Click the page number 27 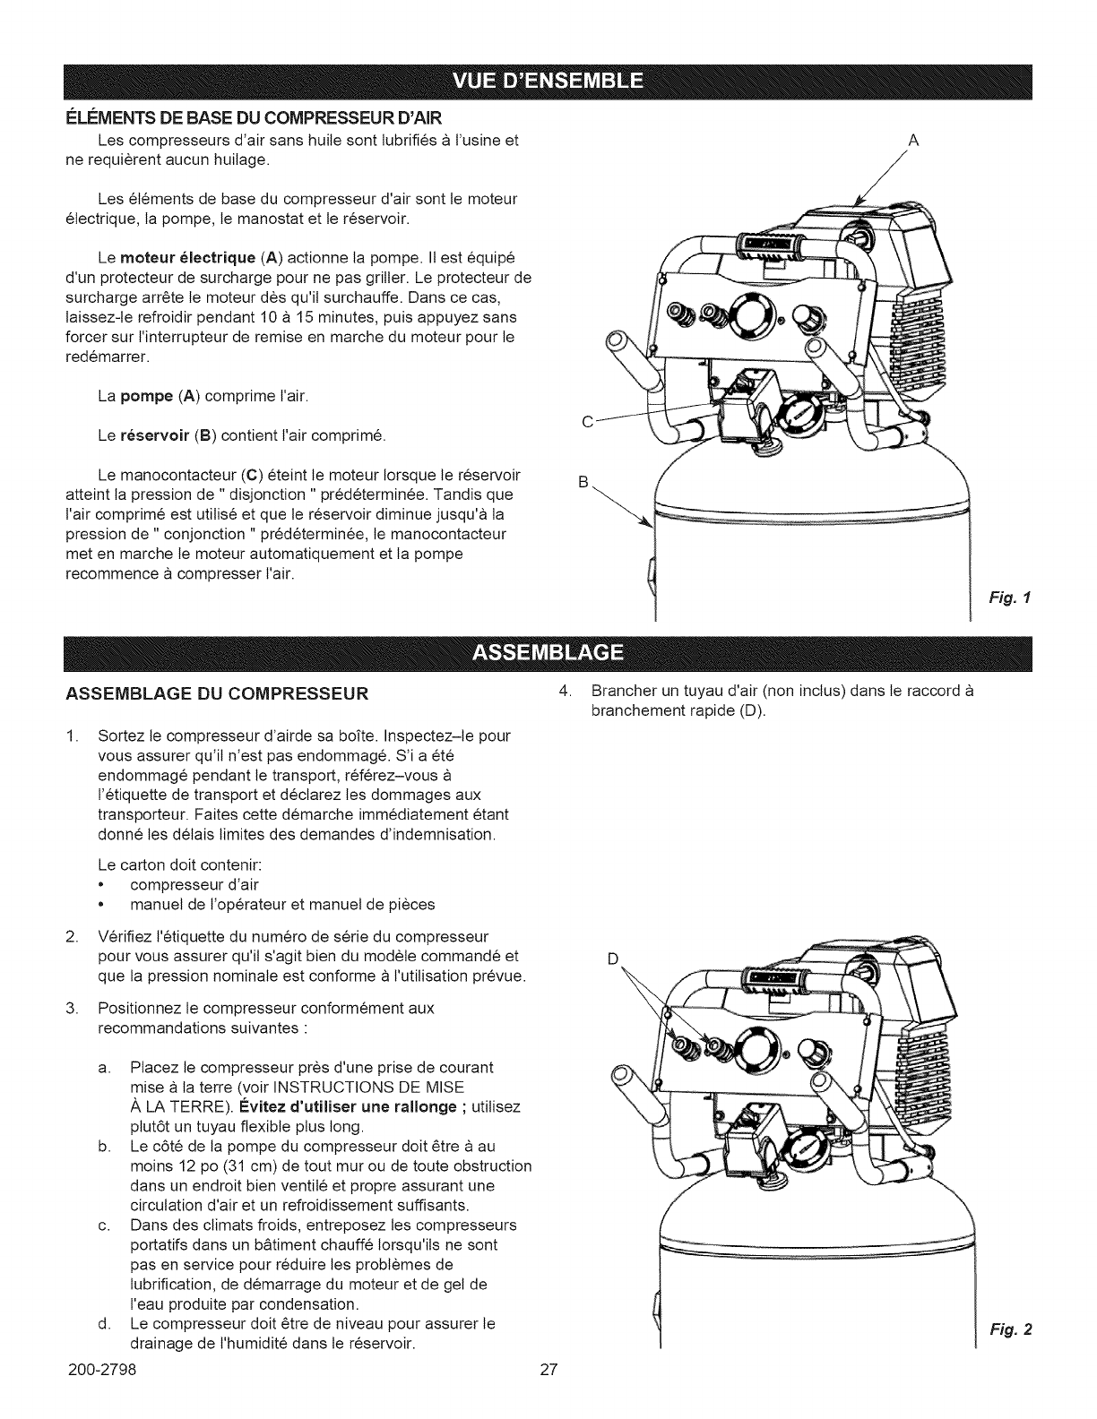548,1394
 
